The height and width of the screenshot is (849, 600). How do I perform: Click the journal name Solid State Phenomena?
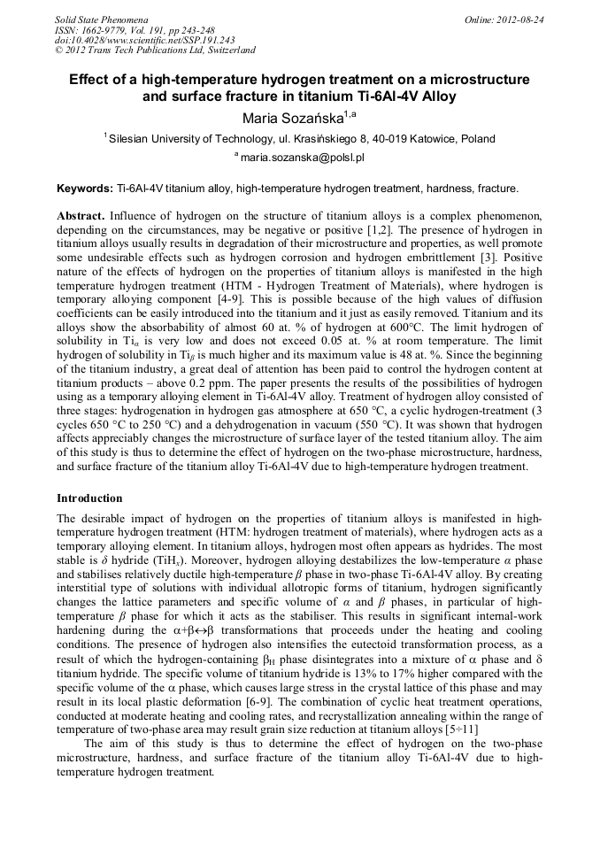point(100,19)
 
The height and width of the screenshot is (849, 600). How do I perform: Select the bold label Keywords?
point(85,189)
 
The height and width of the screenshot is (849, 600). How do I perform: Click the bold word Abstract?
point(81,216)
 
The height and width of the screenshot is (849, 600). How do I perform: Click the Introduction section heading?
point(89,498)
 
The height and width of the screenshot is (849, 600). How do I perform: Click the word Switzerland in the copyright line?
point(226,50)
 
